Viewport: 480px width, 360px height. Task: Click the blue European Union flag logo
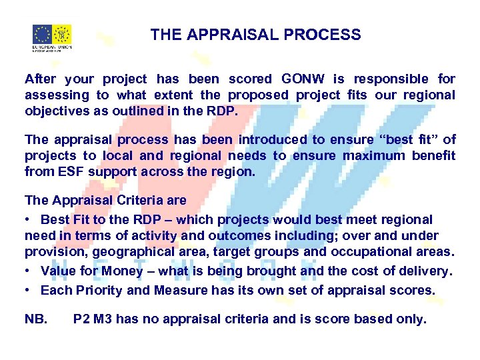42,35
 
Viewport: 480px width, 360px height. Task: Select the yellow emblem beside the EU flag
62,35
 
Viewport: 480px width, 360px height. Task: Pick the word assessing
57,95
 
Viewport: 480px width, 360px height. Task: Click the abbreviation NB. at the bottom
36,319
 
